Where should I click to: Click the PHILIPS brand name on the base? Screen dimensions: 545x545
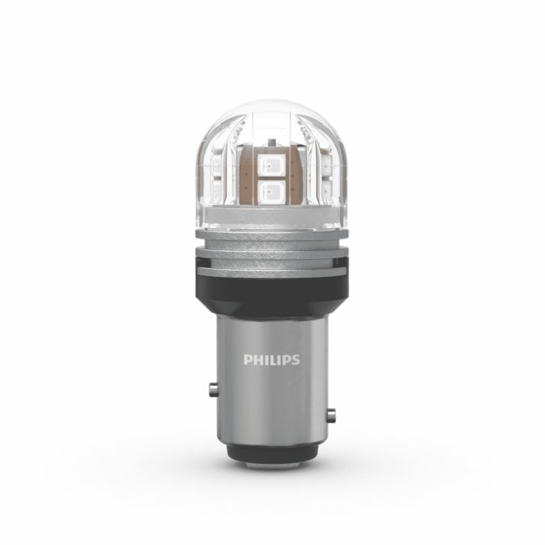(x=272, y=360)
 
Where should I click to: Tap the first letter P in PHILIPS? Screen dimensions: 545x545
(x=248, y=360)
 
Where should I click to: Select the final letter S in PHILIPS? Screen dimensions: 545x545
(x=296, y=360)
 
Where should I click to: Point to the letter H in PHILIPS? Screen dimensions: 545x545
(x=257, y=360)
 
